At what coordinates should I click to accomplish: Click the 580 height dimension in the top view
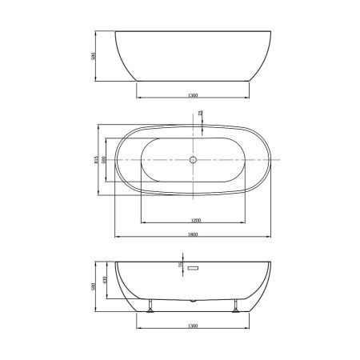94,57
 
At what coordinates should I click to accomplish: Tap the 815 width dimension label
97,160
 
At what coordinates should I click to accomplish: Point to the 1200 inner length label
194,219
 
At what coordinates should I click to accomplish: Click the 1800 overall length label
194,234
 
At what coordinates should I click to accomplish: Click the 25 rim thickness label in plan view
201,115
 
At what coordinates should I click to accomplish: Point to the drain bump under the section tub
193,299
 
